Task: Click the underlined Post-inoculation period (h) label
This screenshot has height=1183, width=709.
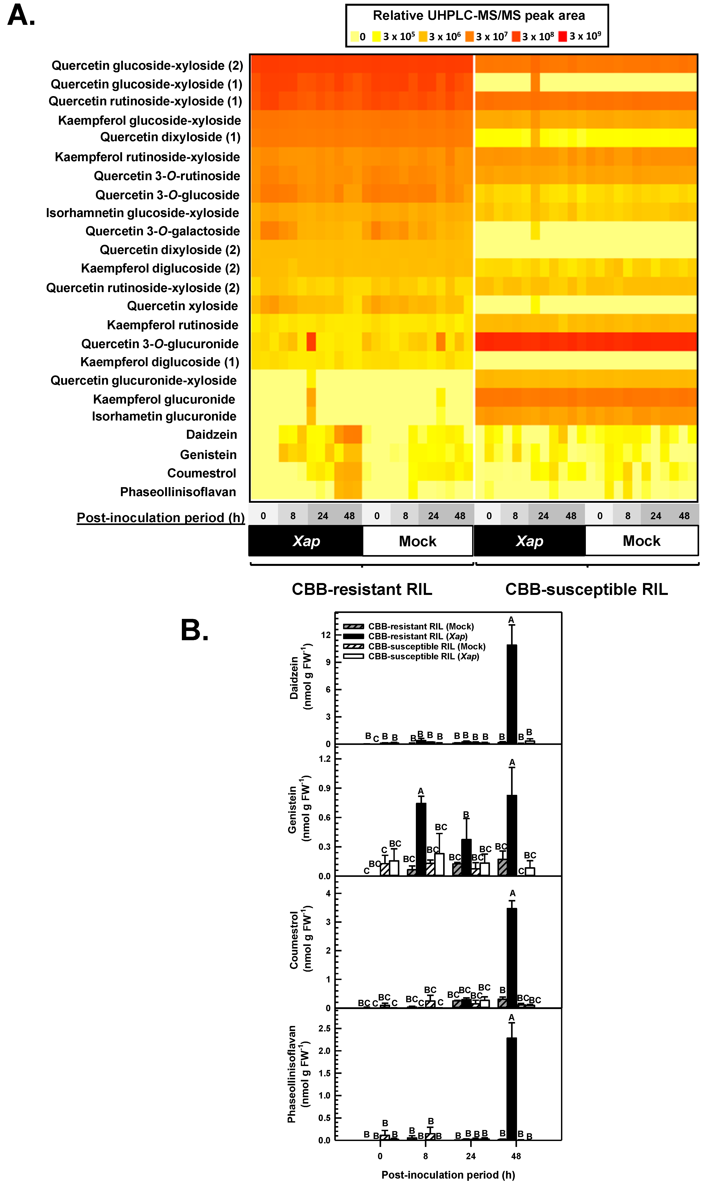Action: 161,518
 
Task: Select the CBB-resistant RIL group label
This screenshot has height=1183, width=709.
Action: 362,590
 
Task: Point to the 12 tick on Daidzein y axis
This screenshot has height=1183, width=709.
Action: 326,635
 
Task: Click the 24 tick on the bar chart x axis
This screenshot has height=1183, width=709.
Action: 471,1156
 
